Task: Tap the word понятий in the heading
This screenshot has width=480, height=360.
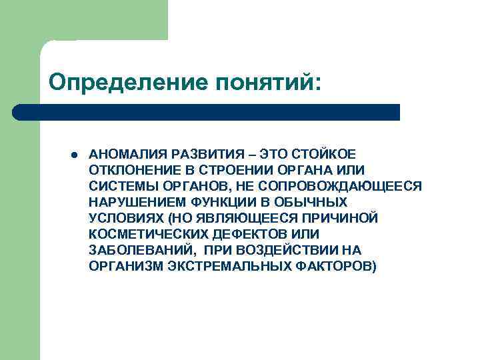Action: [x=266, y=83]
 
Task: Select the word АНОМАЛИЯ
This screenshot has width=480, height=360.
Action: [x=125, y=154]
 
